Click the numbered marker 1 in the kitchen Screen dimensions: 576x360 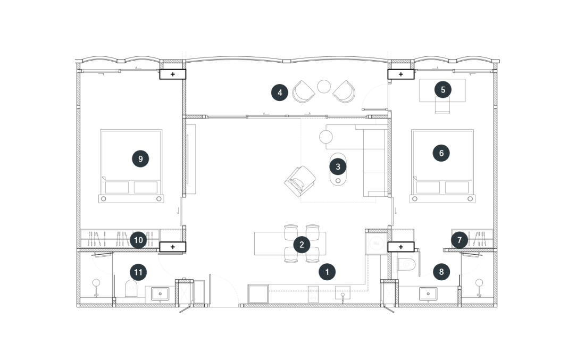[x=327, y=272]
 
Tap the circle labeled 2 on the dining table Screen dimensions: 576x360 [x=302, y=245]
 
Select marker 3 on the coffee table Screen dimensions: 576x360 [x=338, y=167]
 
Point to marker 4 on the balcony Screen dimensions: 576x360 [x=280, y=93]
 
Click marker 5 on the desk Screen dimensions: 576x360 [x=443, y=90]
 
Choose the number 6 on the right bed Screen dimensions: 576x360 [x=441, y=153]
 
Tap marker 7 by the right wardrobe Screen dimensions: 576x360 [x=459, y=240]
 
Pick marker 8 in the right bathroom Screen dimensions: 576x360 [x=441, y=272]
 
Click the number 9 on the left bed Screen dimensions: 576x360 [x=140, y=159]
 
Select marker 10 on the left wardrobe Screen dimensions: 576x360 [x=138, y=240]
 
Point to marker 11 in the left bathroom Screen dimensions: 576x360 [x=138, y=272]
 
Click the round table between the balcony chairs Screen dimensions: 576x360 [x=323, y=87]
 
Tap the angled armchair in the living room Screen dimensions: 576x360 [x=300, y=181]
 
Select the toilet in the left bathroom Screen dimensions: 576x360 [x=131, y=289]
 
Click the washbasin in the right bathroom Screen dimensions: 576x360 [x=428, y=294]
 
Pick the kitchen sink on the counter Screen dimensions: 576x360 [x=343, y=293]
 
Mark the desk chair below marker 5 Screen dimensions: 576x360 [x=443, y=105]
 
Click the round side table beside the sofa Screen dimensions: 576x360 [x=326, y=137]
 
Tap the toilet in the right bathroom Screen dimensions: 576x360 [x=407, y=264]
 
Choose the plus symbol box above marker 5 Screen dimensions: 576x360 [x=401, y=74]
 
